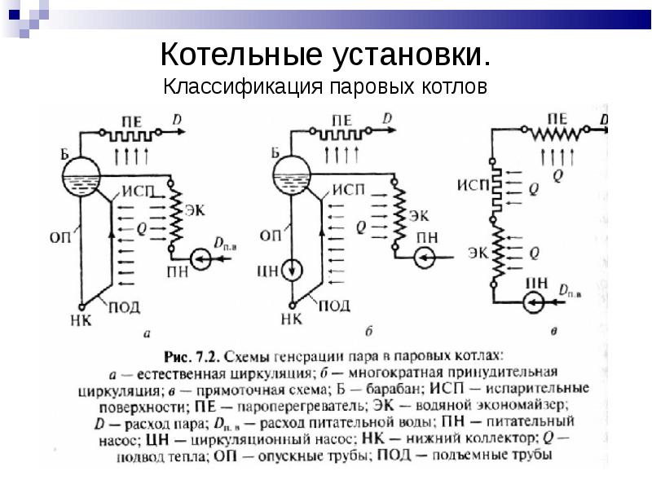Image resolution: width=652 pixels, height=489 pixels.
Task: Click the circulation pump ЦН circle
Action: [x=291, y=270]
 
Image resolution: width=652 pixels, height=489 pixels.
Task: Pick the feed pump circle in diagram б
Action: [x=425, y=258]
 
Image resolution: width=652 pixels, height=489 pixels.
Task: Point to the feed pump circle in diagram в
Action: [x=535, y=305]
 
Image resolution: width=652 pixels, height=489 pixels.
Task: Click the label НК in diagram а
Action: [x=81, y=320]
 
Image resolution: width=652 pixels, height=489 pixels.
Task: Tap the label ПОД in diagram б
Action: [x=333, y=306]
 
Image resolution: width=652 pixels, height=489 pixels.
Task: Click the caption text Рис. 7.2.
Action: [x=192, y=356]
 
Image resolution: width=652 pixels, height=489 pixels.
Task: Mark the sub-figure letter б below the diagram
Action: [x=368, y=331]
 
